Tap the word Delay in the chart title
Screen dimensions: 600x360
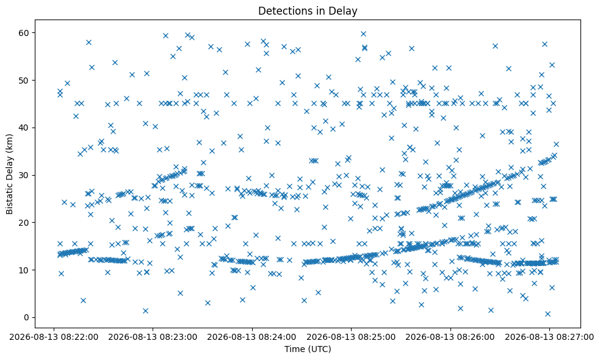pos(344,11)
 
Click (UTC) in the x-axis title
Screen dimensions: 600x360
pos(319,349)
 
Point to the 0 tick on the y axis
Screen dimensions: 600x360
pos(27,317)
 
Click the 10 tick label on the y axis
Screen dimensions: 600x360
pos(24,270)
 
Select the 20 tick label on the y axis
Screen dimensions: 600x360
pos(24,223)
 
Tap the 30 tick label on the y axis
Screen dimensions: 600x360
pos(24,175)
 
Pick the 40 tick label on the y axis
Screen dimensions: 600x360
pos(24,128)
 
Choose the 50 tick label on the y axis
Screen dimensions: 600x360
pos(24,81)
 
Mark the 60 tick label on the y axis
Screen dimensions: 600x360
pos(24,33)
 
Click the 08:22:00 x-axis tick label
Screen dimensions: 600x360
pos(54,337)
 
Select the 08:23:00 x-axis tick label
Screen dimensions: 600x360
pos(153,337)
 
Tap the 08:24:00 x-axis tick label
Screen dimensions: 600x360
pos(252,337)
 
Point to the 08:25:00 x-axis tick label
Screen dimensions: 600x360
pos(352,337)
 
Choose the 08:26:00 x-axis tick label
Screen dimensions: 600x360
pos(450,337)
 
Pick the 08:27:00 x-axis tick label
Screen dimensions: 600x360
pos(550,337)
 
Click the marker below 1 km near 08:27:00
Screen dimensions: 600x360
pos(548,314)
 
